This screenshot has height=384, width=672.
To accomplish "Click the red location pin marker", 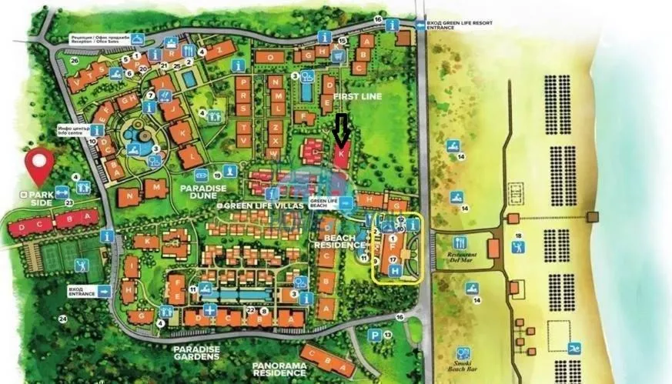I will (x=40, y=165).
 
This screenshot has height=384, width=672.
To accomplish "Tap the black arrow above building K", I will (x=340, y=127).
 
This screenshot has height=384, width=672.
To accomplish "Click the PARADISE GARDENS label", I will (x=197, y=352).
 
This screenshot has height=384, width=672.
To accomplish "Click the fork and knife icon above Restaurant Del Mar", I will (x=460, y=242).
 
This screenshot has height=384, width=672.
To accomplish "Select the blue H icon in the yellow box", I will (x=395, y=271).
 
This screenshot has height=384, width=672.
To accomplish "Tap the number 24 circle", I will (x=63, y=319).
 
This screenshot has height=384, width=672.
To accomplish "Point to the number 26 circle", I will (x=74, y=60).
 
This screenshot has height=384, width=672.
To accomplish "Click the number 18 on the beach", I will (x=518, y=235).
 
